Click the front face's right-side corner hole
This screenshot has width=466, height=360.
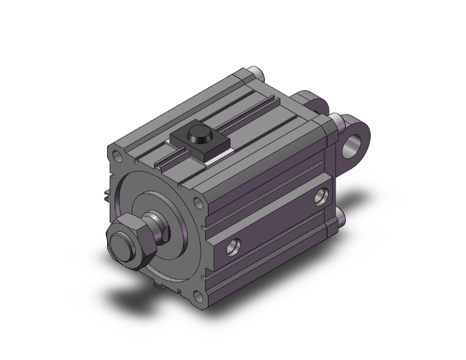[x=199, y=203]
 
